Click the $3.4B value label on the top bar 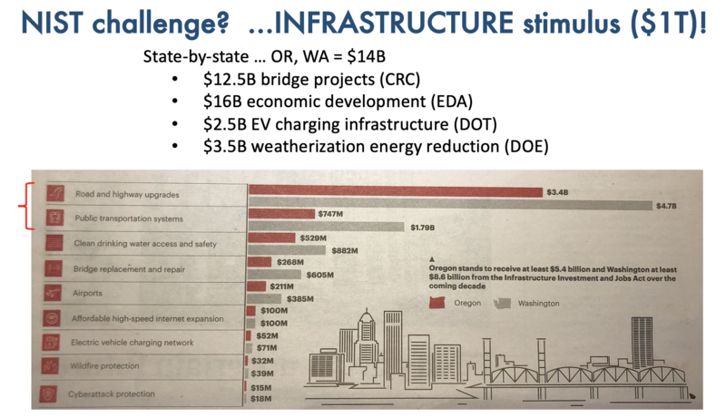557,192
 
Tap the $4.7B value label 666,206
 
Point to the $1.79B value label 424,231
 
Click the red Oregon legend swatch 440,305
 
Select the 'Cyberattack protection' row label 113,394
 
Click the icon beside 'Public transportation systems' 55,218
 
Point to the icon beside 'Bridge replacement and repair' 55,268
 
